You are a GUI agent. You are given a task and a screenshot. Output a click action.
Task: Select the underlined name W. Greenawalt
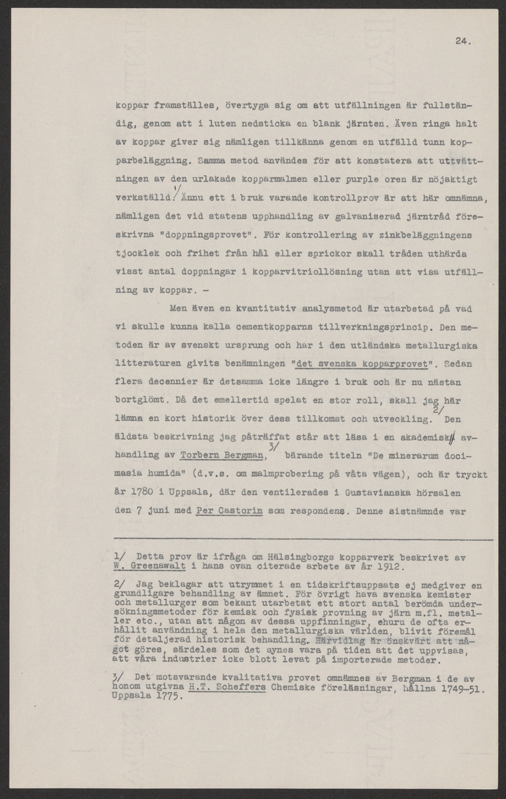click(144, 567)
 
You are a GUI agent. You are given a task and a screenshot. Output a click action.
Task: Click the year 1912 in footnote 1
click(393, 567)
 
